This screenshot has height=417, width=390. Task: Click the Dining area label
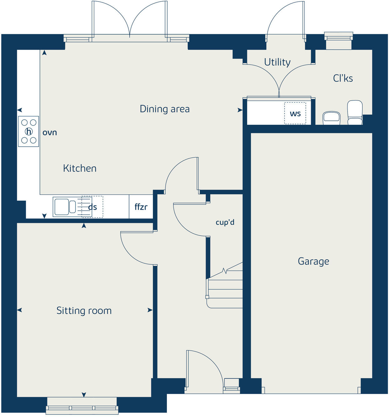pos(164,109)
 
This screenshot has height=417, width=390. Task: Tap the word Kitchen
pos(80,168)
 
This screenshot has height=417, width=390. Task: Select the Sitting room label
pos(84,311)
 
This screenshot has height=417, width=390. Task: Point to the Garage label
pos(313,261)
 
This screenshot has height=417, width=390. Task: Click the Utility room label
pos(277,62)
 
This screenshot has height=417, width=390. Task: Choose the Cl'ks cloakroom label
pos(343,78)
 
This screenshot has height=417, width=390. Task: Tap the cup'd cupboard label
pos(225,222)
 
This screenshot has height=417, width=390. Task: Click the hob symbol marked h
pos(29,131)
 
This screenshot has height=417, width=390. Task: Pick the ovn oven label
pos(50,132)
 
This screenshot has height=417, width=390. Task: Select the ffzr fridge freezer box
pos(141,207)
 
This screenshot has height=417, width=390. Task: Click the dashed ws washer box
pos(295,113)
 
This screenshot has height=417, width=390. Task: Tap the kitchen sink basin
pos(61,207)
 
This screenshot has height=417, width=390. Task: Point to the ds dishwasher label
pos(93,207)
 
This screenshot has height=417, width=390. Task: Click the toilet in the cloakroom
pos(355,112)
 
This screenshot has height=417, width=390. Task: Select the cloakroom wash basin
pos(331,117)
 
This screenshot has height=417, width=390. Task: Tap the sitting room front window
pos(82,408)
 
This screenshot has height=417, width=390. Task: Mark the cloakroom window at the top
pos(339,37)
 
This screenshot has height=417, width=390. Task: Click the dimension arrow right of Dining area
pos(240,110)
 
